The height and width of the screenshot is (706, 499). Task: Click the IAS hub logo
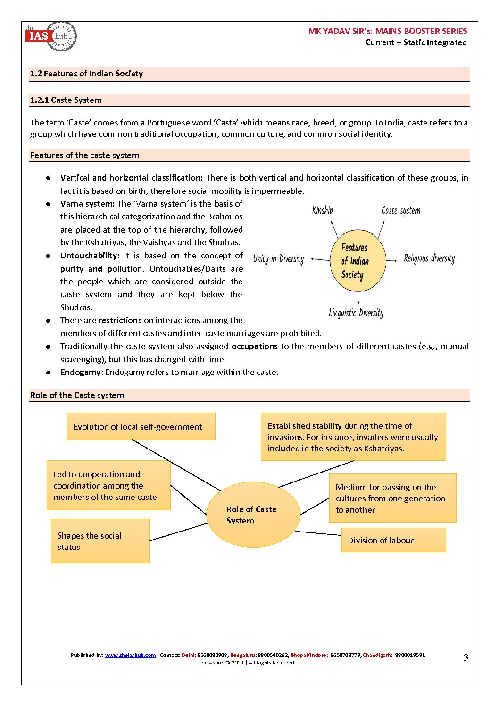point(50,36)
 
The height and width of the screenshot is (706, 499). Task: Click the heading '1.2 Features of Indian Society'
point(86,74)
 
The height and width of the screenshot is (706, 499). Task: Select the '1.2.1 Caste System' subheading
point(66,100)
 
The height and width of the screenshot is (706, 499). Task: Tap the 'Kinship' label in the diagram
point(323,210)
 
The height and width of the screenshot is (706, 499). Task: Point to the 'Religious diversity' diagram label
point(429,258)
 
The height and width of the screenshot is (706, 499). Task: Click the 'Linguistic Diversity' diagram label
point(356,313)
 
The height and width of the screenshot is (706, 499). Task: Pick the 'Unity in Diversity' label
point(278,259)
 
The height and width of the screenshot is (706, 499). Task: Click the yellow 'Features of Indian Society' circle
point(357,261)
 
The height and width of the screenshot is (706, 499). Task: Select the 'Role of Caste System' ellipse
point(253,515)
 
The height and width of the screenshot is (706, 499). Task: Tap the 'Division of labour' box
point(393,540)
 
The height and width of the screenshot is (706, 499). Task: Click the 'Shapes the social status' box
point(100,541)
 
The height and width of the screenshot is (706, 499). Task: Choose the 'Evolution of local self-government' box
point(141,426)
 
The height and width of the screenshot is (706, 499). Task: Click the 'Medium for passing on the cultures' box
point(392,498)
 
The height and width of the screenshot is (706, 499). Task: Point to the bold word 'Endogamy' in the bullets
point(80,372)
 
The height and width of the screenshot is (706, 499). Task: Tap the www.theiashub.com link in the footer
point(130,655)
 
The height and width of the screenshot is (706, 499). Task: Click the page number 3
point(466,657)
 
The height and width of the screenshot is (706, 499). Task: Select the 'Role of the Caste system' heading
point(77,395)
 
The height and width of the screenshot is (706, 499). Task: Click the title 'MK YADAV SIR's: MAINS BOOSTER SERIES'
point(387,31)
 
